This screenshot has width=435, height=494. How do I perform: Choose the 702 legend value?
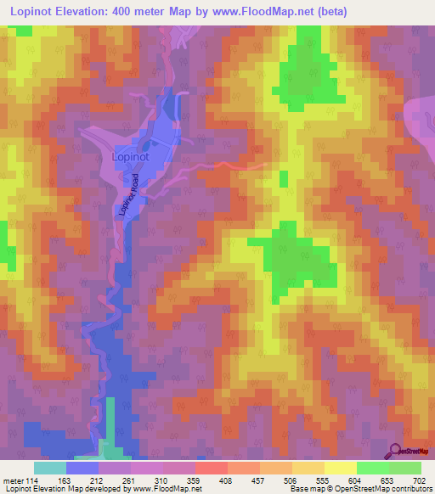[x=419, y=480]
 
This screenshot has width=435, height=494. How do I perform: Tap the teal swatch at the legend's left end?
[x=49, y=468]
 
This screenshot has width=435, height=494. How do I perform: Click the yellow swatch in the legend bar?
[x=340, y=468]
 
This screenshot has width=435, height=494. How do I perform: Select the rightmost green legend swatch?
[x=404, y=468]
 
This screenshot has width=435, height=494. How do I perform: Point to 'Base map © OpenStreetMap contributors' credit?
[x=359, y=489]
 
